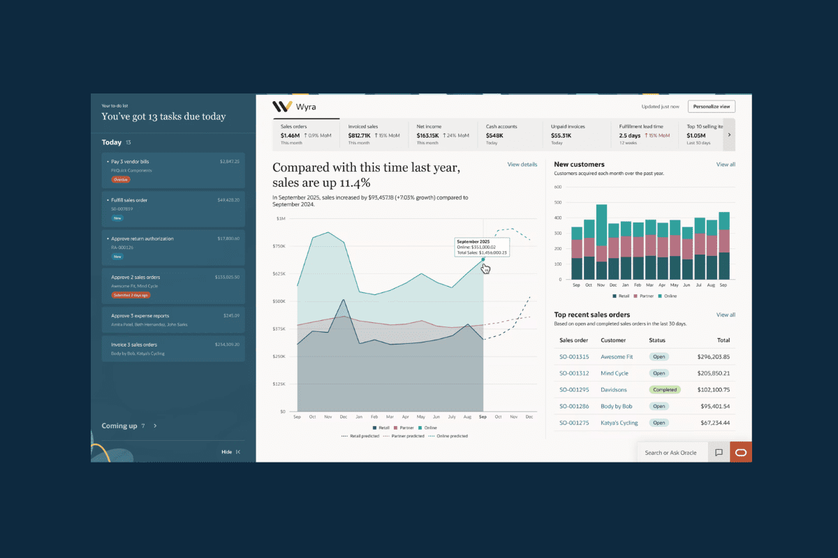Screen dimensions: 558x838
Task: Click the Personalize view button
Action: (x=711, y=106)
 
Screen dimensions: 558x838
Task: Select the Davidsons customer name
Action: (x=613, y=390)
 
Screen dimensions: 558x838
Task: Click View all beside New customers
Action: (x=726, y=165)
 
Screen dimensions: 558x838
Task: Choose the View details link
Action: (x=522, y=165)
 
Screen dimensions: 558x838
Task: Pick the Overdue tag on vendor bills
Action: (x=121, y=179)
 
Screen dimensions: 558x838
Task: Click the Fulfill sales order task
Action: (x=129, y=200)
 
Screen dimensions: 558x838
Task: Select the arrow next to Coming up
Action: (x=155, y=425)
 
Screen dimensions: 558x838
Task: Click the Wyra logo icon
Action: (x=282, y=107)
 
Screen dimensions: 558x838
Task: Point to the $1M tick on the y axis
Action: (x=281, y=218)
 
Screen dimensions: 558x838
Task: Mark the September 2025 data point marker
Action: (x=483, y=259)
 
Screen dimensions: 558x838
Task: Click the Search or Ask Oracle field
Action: (x=670, y=453)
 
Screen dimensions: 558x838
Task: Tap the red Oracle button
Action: (x=740, y=453)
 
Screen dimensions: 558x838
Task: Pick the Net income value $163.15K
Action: (x=427, y=135)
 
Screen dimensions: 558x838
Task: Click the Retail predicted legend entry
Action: (x=360, y=436)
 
